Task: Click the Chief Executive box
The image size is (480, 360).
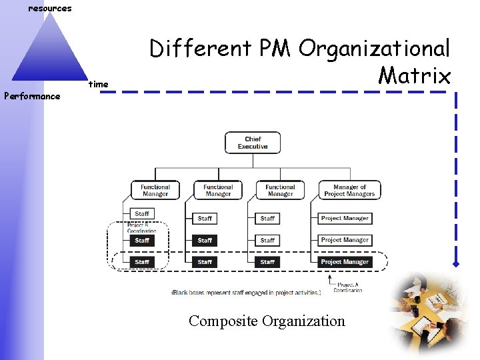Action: click(x=253, y=143)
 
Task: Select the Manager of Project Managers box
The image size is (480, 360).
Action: click(x=349, y=190)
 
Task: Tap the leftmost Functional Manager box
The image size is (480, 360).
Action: click(x=155, y=190)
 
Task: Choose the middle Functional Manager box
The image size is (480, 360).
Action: click(x=218, y=190)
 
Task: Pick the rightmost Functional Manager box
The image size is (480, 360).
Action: click(x=280, y=190)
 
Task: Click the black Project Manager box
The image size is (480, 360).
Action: click(x=345, y=262)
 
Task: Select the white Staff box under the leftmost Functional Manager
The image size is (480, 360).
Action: click(x=142, y=214)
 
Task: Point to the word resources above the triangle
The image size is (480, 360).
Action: click(x=50, y=9)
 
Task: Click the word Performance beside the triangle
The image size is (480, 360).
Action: click(x=32, y=96)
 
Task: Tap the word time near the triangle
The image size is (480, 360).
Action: click(x=99, y=84)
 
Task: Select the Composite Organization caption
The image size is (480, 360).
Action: click(x=267, y=321)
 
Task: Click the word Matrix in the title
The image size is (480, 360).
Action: click(x=414, y=75)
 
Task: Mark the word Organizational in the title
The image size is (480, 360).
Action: click(x=375, y=48)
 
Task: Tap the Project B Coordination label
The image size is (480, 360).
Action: click(x=141, y=227)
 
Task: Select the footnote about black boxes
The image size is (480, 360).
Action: click(x=247, y=293)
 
